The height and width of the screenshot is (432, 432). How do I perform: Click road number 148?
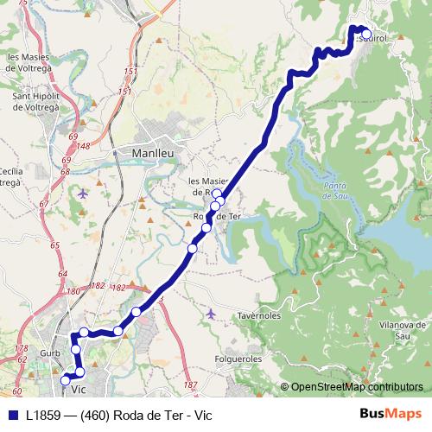(x=83, y=146)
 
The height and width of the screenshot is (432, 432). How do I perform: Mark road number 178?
(x=21, y=347)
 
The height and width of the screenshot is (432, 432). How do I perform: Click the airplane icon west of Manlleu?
(x=82, y=193)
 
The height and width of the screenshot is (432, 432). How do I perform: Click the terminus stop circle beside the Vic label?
(x=65, y=379)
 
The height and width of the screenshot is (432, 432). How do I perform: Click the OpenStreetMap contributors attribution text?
(x=355, y=387)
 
